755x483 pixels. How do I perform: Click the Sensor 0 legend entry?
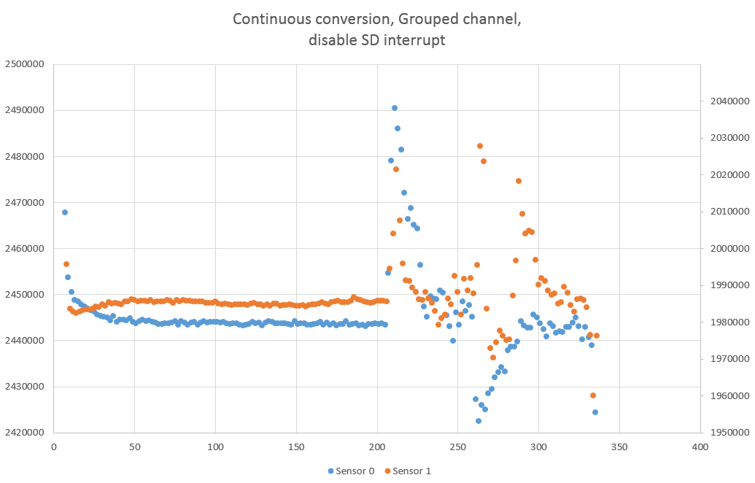click(x=352, y=471)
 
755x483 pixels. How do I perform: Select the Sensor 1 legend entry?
click(x=408, y=471)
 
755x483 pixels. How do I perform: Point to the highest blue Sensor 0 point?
click(x=395, y=108)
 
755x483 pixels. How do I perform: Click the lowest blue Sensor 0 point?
click(x=479, y=421)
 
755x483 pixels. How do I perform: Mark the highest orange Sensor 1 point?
click(x=480, y=146)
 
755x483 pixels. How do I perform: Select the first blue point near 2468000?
click(x=65, y=212)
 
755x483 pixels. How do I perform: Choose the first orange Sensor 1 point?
click(x=66, y=264)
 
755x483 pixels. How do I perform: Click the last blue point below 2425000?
click(x=595, y=412)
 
